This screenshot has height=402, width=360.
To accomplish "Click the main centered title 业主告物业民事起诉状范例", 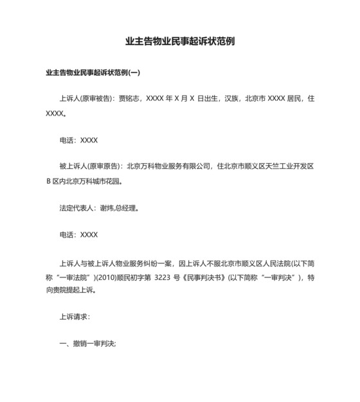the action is pos(179,42).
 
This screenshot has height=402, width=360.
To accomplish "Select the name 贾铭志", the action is pos(128,100).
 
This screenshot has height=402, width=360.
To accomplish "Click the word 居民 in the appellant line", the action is pos(290,100).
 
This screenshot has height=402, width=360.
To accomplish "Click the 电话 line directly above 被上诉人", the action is pos(78,140).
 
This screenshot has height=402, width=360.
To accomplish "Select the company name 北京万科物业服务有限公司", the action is pos(170,167).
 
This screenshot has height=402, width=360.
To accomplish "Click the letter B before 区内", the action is pos(48,181).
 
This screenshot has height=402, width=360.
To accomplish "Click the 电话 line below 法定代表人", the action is pos(78,235).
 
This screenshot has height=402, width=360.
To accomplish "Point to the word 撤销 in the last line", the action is pos(81,344).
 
